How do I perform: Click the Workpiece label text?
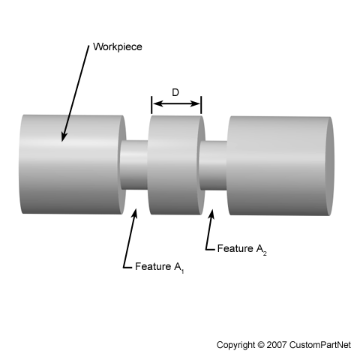click(x=118, y=47)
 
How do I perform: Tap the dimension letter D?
click(x=175, y=92)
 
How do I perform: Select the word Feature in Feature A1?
click(x=152, y=266)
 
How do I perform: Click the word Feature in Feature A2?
click(x=235, y=248)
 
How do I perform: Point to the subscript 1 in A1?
click(x=183, y=271)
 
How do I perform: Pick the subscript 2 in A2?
click(x=265, y=253)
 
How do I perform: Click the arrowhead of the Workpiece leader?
click(x=64, y=137)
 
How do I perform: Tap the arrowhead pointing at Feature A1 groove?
click(x=135, y=213)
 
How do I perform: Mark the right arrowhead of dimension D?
click(x=195, y=103)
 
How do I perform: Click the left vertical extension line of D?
click(x=151, y=105)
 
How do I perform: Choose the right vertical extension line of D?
click(x=201, y=105)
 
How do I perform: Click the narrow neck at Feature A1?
click(x=134, y=165)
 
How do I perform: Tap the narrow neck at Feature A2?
click(x=213, y=166)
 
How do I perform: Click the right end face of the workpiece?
click(x=331, y=166)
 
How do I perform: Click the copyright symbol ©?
click(x=260, y=345)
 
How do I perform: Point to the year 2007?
click(x=277, y=345)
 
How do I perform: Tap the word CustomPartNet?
click(x=320, y=345)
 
